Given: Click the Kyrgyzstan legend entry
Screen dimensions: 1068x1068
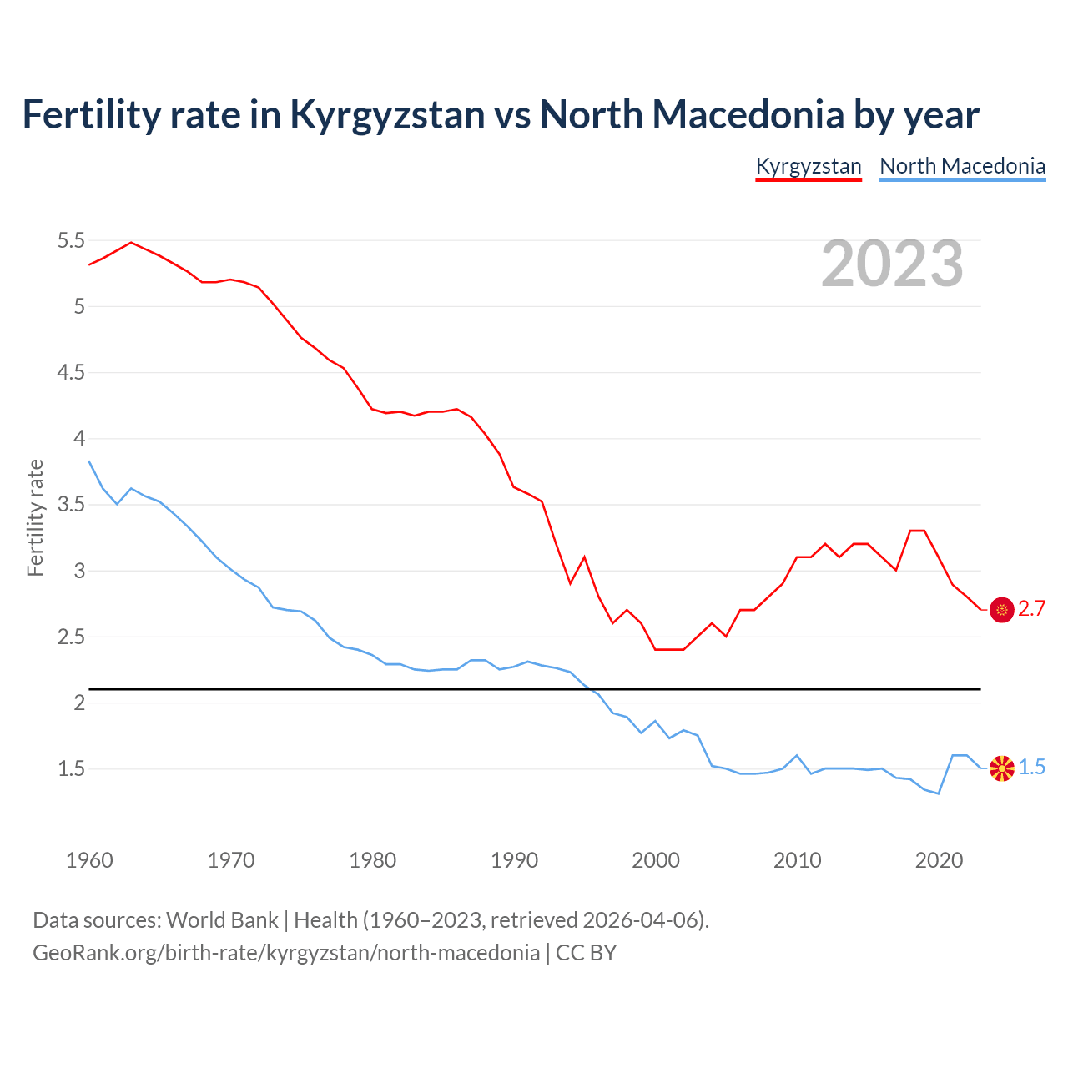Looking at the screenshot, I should point(808,166).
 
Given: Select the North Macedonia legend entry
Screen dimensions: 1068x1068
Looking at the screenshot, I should point(962,166).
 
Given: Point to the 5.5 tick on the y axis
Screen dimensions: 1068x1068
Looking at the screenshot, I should point(71,241).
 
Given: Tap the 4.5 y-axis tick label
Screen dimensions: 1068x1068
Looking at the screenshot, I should point(71,373).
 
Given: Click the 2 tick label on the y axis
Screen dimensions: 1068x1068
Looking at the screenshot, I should point(79,703).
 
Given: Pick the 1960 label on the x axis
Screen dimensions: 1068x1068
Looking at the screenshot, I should point(89,860).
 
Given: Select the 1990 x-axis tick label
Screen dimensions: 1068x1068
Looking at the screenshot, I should point(514,860).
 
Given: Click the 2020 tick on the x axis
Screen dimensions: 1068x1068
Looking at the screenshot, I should point(939,860).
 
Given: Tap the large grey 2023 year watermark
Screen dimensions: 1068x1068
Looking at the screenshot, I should point(892,264).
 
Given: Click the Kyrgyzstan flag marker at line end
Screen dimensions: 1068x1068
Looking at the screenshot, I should point(1001,610).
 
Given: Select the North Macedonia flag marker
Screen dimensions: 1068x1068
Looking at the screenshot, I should point(1001,768).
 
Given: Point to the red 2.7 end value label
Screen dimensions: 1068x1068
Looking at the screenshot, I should point(1031,609).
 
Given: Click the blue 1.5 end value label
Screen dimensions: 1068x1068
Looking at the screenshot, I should point(1031,768).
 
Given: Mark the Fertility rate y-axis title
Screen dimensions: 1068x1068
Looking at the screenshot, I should point(35,517).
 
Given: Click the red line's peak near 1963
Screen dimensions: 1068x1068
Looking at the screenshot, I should point(131,242).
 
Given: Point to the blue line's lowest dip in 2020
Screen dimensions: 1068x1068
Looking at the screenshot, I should point(939,793).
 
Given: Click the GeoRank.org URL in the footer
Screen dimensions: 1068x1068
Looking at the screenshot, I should point(285,953).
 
